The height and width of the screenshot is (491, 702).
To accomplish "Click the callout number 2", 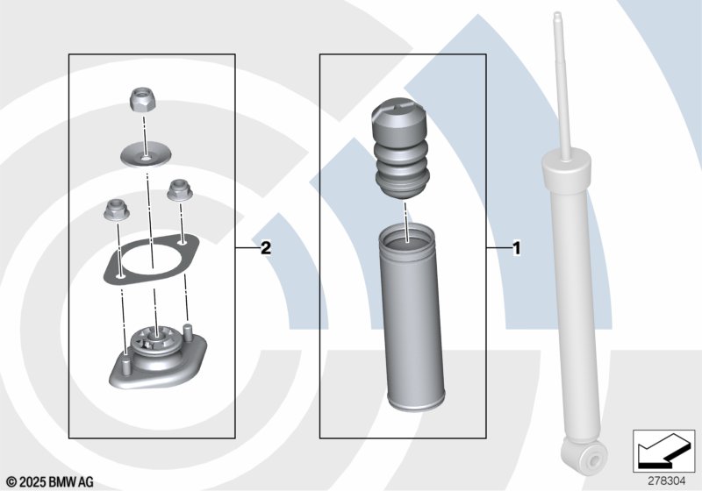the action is point(266,247).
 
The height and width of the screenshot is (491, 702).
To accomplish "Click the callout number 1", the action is point(517,248).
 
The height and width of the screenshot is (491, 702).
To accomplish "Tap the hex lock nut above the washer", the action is point(143,101).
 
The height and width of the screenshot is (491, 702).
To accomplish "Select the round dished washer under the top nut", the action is point(146,153).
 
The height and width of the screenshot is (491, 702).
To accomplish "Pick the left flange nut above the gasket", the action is point(117,210).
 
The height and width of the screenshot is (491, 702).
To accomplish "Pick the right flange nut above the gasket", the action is point(180,190).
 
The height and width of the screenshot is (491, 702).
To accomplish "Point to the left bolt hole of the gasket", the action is point(120,277).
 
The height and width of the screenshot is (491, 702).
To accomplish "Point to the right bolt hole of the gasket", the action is point(182,243).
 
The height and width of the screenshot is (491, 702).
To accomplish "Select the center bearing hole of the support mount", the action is point(155,335).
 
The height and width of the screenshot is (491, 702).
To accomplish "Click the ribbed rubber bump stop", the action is point(401,151).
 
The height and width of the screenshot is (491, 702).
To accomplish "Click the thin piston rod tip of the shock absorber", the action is point(557,17).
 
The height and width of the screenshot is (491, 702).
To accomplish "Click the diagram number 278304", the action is point(667,481).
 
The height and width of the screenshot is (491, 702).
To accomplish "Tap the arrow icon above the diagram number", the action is point(664,452).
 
